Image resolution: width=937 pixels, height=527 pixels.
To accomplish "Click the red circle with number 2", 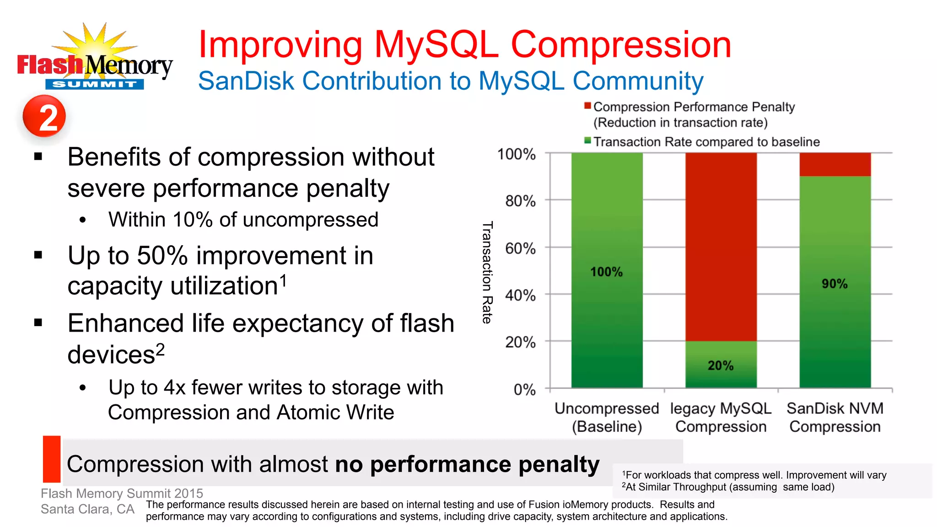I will tap(44, 116).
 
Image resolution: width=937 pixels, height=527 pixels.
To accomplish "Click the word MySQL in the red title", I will tap(436, 44).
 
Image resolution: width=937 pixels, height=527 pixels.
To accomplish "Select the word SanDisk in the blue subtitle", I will tap(246, 81).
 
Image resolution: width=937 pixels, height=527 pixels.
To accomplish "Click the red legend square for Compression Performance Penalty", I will tap(587, 106).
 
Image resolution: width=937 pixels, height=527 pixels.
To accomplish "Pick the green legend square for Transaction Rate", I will tap(587, 141).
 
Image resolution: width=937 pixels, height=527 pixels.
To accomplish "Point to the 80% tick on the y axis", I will tap(520, 200).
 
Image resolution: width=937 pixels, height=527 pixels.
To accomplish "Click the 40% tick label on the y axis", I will tap(520, 295).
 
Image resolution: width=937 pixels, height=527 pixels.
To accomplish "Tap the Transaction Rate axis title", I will tap(487, 273).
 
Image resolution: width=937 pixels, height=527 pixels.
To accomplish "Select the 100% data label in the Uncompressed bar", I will tap(606, 272).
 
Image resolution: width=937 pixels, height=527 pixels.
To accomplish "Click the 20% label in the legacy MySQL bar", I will tap(720, 365).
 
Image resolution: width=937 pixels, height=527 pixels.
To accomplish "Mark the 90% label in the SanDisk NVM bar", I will tap(835, 284).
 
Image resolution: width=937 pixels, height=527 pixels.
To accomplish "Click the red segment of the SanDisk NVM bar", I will tap(835, 164).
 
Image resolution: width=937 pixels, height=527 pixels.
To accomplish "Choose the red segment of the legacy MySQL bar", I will tap(721, 247).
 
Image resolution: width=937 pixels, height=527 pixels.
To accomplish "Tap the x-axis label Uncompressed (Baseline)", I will tap(607, 417).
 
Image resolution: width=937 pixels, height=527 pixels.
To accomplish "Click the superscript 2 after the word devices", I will tap(160, 350).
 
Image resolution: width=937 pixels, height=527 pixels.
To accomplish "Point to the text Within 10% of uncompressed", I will tap(243, 220).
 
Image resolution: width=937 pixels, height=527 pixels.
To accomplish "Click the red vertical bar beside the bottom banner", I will tap(52, 459).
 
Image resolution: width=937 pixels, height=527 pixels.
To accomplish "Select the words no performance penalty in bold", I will tap(467, 464).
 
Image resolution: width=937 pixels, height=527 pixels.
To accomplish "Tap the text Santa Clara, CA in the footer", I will tap(87, 509).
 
